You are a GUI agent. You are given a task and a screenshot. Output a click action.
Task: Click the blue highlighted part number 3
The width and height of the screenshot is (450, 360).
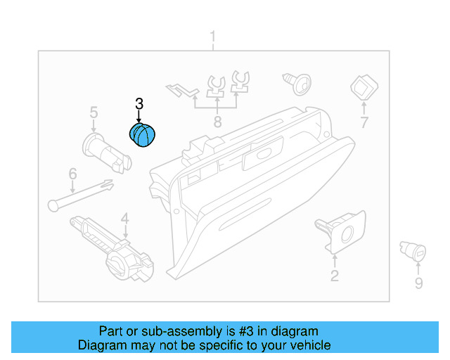[144, 134]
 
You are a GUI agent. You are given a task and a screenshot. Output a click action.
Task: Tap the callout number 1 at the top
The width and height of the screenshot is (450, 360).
[214, 37]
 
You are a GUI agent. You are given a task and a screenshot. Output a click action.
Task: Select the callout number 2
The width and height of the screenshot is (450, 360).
[335, 276]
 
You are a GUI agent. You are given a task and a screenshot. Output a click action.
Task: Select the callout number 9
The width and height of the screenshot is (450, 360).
[418, 283]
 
